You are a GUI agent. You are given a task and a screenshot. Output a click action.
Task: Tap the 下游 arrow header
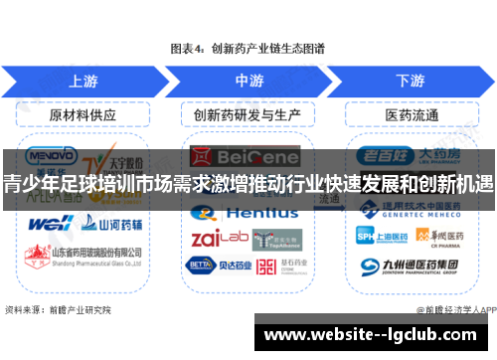410,80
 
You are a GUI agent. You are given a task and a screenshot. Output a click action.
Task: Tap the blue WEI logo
46,223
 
